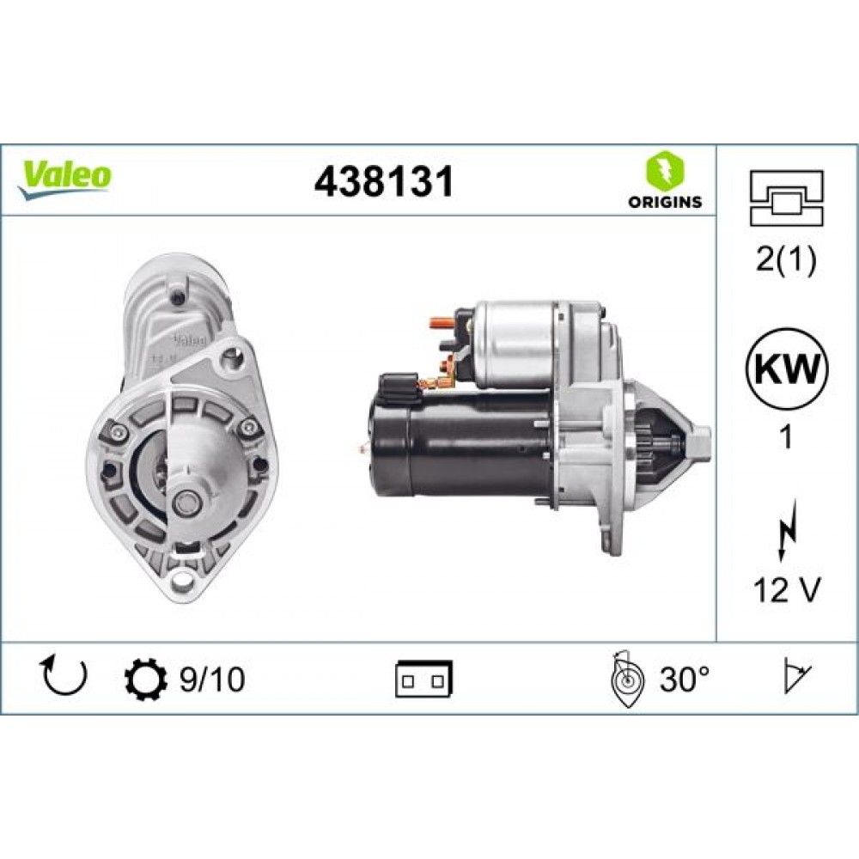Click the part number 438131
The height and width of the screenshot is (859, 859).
tap(383, 182)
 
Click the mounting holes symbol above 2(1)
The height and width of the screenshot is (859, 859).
tap(787, 198)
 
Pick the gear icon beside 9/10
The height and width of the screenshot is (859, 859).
tap(143, 679)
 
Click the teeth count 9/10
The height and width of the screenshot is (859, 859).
tap(211, 679)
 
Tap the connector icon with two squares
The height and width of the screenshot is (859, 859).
tap(423, 679)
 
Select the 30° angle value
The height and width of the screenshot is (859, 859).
tap(685, 679)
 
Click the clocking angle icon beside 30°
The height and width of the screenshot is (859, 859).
tap(626, 679)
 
